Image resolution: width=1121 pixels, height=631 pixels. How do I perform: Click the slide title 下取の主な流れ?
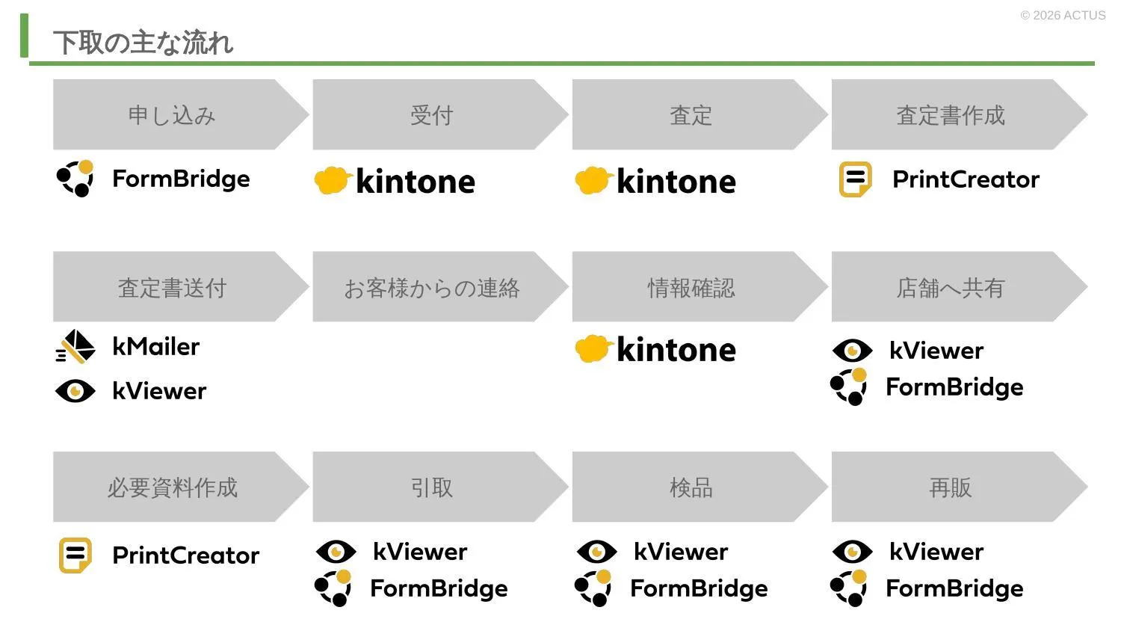[x=143, y=42]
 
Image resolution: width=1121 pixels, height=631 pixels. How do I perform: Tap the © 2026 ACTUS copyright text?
[x=1063, y=16]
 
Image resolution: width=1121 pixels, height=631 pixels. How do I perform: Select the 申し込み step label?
[x=172, y=115]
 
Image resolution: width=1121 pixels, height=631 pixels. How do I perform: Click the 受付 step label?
[x=431, y=115]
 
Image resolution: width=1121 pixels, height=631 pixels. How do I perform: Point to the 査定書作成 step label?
[x=951, y=115]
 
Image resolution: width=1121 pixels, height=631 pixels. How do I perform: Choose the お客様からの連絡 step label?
[x=431, y=288]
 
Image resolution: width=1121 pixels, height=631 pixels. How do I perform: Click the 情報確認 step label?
[x=691, y=288]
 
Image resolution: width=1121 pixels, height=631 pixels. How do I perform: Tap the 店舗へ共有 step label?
[x=951, y=288]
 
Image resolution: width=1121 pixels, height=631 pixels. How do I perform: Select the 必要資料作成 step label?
[x=172, y=487]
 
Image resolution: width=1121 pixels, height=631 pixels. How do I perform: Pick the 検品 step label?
[x=691, y=487]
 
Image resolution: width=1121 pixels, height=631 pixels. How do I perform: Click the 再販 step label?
[x=951, y=487]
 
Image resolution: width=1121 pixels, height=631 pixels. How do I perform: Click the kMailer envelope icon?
[x=75, y=346]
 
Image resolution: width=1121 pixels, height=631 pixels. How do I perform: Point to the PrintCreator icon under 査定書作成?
[x=855, y=179]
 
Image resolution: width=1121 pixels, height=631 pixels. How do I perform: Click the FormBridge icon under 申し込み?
[x=75, y=178]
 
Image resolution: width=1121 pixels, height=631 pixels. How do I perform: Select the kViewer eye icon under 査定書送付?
[x=75, y=390]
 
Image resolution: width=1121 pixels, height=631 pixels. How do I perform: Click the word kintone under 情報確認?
[x=676, y=350]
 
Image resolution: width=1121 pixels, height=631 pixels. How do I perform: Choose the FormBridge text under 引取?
[x=439, y=588]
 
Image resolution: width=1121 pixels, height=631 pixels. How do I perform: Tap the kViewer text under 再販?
[x=936, y=552]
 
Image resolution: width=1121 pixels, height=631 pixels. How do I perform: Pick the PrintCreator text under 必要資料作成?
[x=185, y=555]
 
